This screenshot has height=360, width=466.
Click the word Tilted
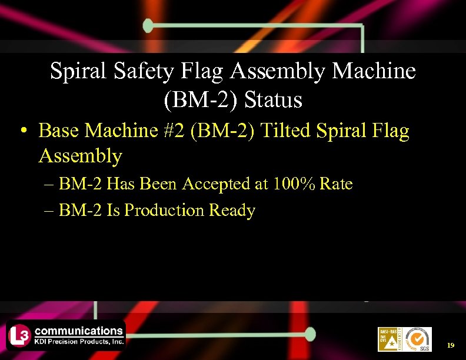tap(285, 131)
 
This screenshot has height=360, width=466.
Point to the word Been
tap(161, 184)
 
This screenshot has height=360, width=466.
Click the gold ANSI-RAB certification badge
tap(388, 339)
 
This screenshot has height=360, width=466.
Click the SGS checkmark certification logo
tap(418, 339)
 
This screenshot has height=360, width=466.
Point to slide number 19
tap(451, 345)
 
